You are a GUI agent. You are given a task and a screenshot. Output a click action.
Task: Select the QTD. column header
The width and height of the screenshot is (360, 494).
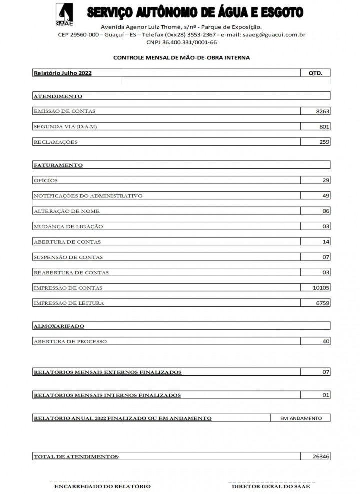[315, 73]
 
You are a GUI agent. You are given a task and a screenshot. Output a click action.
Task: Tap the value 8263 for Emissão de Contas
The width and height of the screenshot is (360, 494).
[323, 111]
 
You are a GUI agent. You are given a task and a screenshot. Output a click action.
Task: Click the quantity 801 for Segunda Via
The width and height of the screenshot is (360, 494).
[324, 127]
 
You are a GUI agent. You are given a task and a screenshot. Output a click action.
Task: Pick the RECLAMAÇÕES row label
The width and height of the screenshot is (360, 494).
[55, 142]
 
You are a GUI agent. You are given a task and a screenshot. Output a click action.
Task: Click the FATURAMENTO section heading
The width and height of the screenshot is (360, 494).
[58, 165]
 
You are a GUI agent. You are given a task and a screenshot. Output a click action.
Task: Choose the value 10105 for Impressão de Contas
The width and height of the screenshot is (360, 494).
[321, 288]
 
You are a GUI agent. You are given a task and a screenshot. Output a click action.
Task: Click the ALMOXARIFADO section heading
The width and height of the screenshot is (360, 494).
[58, 326]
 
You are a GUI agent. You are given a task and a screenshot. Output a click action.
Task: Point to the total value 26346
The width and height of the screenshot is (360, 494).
[321, 456]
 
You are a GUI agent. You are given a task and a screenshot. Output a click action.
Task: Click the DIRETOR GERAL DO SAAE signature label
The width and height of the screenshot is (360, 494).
[271, 486]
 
